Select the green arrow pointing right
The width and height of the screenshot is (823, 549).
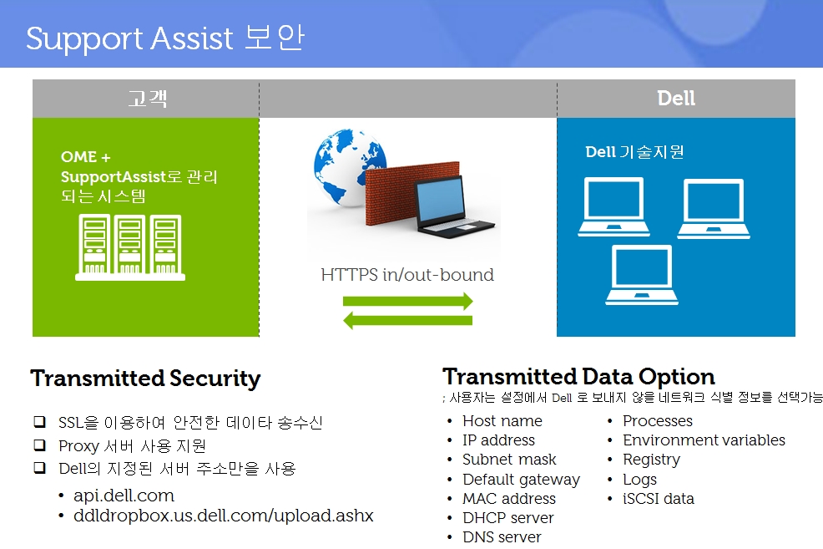pos(408,301)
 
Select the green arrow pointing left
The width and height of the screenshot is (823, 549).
pos(408,320)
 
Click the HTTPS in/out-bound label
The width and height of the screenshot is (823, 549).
pos(407,275)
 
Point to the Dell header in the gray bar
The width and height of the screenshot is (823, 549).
pos(676,99)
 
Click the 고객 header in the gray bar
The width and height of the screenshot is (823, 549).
pos(148,99)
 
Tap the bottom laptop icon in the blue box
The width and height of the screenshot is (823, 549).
pos(642,275)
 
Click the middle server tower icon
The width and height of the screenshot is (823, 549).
pos(130,245)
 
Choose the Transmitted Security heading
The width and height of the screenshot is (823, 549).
pos(145,379)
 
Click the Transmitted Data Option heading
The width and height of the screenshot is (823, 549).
pos(578,377)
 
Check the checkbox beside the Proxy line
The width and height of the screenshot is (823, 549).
pos(40,445)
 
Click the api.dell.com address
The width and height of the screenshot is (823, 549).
pos(124,496)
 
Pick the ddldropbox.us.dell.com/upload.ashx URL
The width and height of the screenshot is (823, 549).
pos(224,516)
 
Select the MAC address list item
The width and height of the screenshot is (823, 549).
pos(509,499)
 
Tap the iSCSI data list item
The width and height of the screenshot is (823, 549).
pos(659,499)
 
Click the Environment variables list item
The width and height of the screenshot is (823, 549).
pos(704,440)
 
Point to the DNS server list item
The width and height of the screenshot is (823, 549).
pos(502,537)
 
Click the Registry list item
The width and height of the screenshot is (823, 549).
pos(651,460)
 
